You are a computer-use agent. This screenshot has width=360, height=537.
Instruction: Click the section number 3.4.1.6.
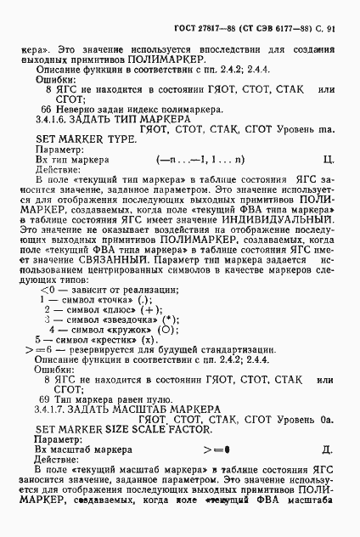click(53, 122)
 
